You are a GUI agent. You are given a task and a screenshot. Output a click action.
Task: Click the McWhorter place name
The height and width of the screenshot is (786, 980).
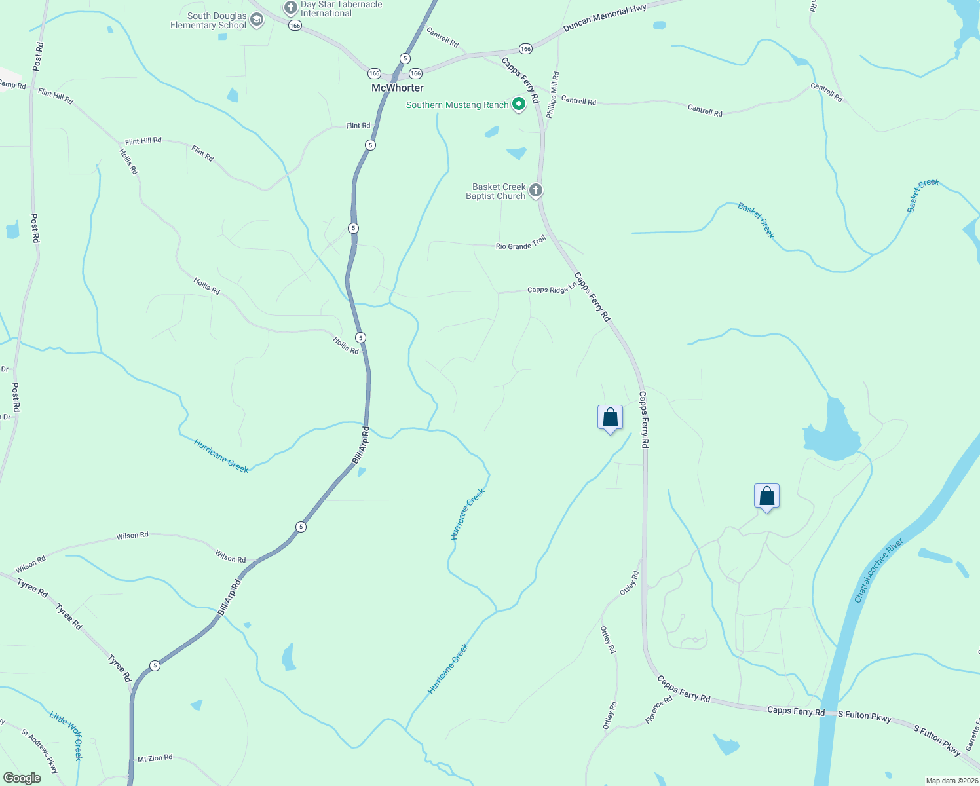(x=397, y=88)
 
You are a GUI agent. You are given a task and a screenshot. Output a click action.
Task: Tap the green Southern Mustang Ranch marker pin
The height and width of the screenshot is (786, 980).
(x=519, y=104)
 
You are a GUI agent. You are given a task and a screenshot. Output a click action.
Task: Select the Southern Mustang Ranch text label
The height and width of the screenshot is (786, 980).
(x=457, y=105)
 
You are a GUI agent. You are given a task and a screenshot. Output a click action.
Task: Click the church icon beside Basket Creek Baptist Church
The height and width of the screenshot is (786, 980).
(x=536, y=191)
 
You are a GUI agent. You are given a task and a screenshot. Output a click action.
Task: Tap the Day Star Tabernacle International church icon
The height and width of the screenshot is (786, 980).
(x=291, y=8)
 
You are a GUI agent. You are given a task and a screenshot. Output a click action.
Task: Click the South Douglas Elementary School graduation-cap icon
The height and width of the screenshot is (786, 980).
(x=257, y=20)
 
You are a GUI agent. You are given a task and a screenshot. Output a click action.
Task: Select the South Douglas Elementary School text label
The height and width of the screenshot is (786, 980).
(x=208, y=20)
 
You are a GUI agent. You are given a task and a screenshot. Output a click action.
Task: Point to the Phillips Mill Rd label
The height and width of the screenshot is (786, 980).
(x=553, y=95)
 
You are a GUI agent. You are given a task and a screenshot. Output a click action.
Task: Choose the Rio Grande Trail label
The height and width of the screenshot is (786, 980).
(x=521, y=243)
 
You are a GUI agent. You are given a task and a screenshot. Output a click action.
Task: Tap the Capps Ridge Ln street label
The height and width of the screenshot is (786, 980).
(x=552, y=288)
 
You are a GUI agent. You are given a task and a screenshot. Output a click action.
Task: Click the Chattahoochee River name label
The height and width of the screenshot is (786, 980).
(x=878, y=571)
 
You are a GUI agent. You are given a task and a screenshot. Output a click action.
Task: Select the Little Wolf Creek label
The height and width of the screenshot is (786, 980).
(x=67, y=735)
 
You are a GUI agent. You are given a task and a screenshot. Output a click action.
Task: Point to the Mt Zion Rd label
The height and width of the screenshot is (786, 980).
(x=155, y=758)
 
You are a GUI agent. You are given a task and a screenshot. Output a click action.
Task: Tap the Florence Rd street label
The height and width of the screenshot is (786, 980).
(x=659, y=709)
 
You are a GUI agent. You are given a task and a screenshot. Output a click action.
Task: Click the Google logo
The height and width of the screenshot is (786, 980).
(x=22, y=777)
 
